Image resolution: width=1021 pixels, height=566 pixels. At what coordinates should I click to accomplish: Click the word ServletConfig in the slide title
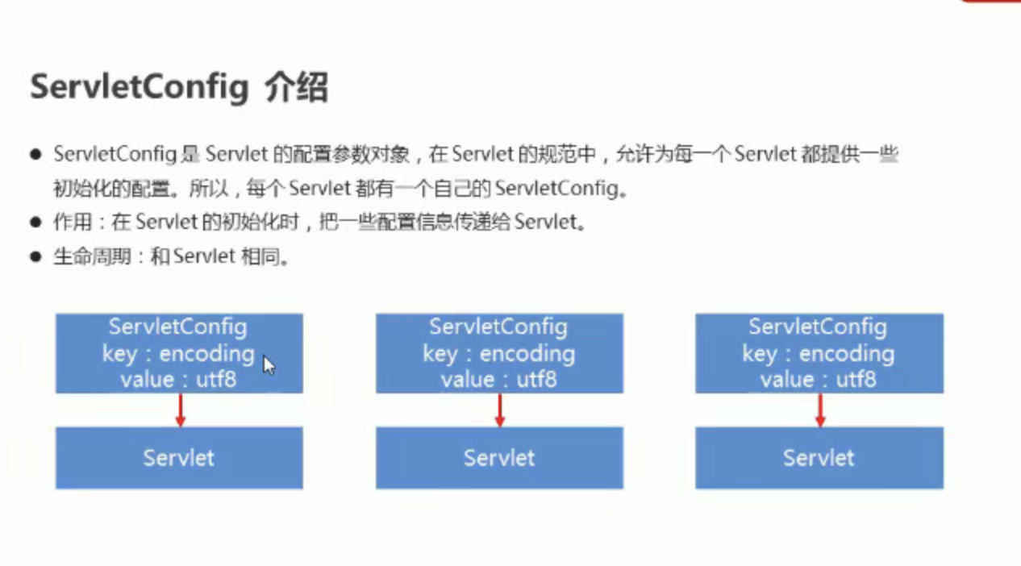(140, 88)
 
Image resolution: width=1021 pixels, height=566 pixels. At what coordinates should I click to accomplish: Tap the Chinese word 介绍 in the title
(297, 87)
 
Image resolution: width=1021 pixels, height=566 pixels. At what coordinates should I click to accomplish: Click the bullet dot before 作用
(35, 223)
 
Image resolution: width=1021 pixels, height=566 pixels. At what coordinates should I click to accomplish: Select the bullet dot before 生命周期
(35, 256)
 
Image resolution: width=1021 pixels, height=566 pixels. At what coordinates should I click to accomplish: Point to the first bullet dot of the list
(35, 155)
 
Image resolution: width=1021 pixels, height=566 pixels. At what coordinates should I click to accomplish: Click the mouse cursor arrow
(269, 365)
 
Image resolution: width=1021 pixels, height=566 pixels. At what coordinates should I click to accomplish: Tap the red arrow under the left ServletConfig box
(181, 410)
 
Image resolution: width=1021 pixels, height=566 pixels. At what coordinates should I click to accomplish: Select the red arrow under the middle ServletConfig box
(500, 410)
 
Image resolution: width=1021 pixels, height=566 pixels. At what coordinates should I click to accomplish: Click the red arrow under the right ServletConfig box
(820, 410)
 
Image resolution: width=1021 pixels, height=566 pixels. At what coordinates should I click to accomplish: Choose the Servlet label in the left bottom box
(179, 458)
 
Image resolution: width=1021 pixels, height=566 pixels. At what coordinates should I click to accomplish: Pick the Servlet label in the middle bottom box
(499, 458)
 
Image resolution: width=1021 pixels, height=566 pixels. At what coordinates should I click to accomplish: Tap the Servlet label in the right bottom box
(819, 458)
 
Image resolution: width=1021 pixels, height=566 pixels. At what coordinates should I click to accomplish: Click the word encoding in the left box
(207, 355)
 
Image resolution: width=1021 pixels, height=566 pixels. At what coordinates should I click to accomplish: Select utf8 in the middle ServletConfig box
(536, 379)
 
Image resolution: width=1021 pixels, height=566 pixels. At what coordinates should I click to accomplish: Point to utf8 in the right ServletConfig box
(856, 379)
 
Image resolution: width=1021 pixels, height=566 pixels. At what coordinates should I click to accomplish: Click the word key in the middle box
(440, 355)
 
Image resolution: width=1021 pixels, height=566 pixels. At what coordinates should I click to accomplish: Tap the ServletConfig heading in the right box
(818, 327)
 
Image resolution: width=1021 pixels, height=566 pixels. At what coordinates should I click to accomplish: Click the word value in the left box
(148, 380)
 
